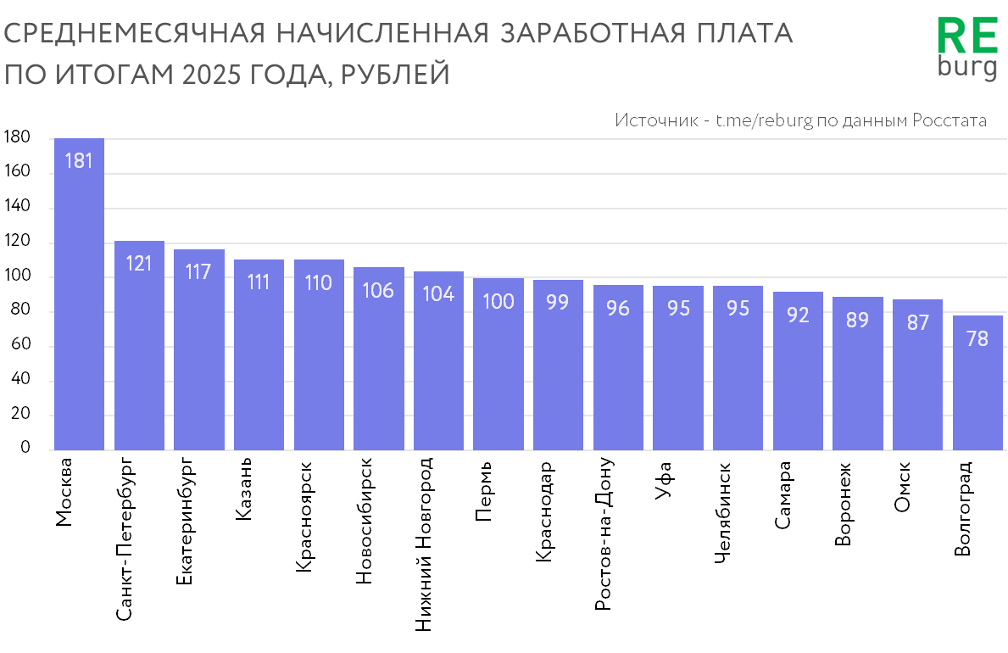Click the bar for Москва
coord(79,297)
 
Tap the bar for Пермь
coord(498,365)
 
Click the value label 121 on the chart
coord(139,263)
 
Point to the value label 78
coord(977,338)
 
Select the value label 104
coord(438,293)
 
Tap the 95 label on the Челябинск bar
coord(738,308)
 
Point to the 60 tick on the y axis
coord(20,345)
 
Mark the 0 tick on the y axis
coord(25,448)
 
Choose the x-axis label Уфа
coord(664,481)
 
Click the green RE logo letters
coord(966,38)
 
